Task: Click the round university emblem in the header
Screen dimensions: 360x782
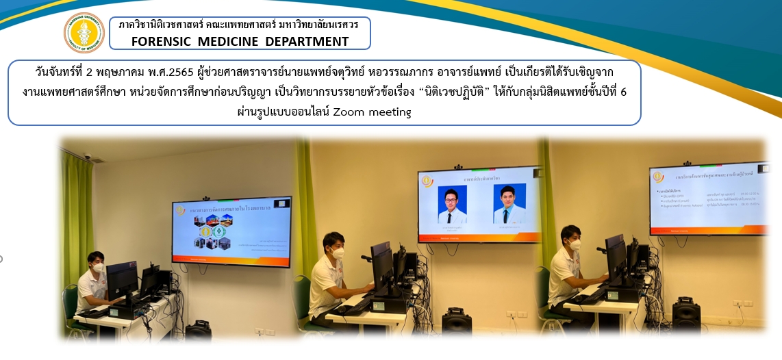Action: point(84,32)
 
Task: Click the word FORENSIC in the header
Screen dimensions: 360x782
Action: point(162,41)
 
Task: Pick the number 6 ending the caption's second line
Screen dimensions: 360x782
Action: point(622,92)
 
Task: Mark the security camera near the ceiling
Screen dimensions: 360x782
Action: point(88,157)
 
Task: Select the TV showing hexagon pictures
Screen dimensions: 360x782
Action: point(231,231)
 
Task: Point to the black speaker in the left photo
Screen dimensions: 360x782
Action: point(199,331)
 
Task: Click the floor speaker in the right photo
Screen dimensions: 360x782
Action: point(685,316)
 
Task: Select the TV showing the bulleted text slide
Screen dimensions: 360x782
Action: point(705,199)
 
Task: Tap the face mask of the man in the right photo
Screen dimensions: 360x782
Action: point(575,244)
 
